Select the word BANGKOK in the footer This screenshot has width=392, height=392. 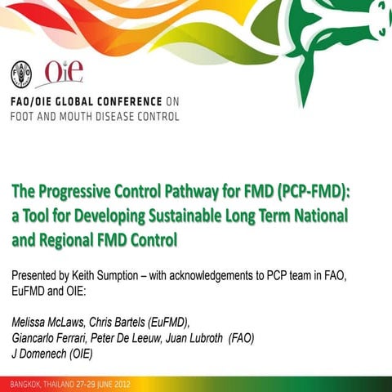tap(24, 383)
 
